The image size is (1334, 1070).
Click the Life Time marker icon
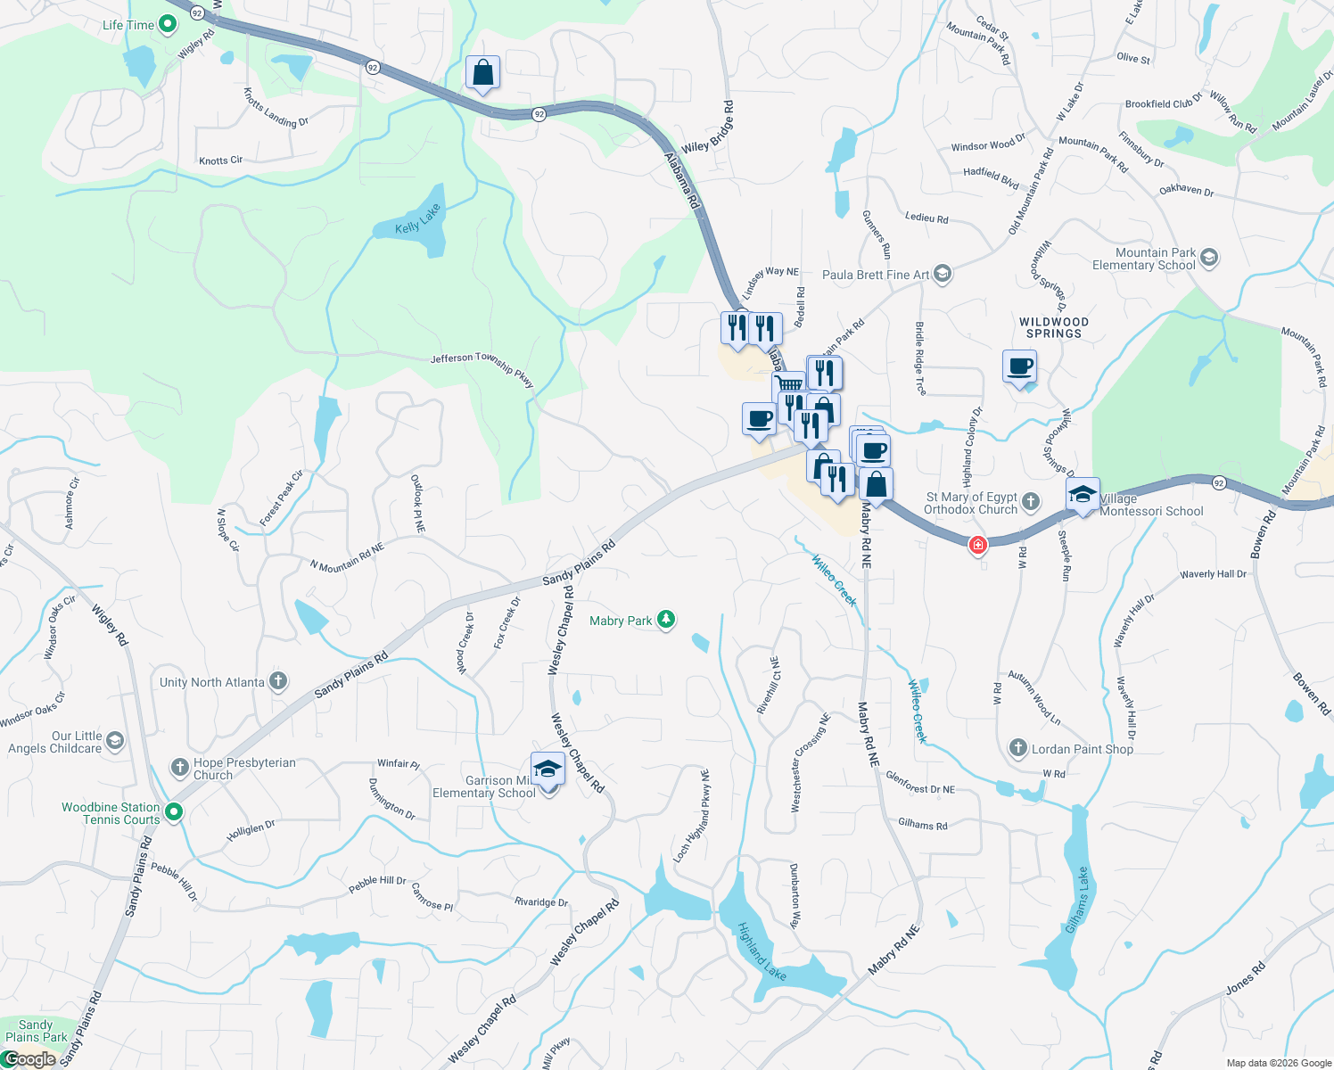(168, 24)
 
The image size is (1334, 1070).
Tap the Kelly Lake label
(418, 219)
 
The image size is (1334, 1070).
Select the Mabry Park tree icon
(666, 620)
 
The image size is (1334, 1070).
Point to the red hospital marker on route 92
(978, 544)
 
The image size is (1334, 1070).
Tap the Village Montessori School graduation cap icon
(1083, 495)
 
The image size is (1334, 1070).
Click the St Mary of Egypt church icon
(1031, 502)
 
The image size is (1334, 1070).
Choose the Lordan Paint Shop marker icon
(1018, 748)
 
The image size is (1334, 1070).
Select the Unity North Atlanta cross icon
(278, 682)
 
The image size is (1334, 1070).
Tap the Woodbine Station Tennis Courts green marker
(174, 811)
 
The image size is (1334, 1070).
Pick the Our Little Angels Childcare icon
(115, 740)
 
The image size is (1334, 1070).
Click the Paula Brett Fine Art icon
(943, 274)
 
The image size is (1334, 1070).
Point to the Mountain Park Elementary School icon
(1209, 258)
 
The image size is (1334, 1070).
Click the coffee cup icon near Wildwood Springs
(1019, 366)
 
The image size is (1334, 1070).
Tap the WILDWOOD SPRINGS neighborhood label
(1053, 327)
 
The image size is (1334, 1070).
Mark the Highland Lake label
(762, 952)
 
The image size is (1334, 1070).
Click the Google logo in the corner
(29, 1059)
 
